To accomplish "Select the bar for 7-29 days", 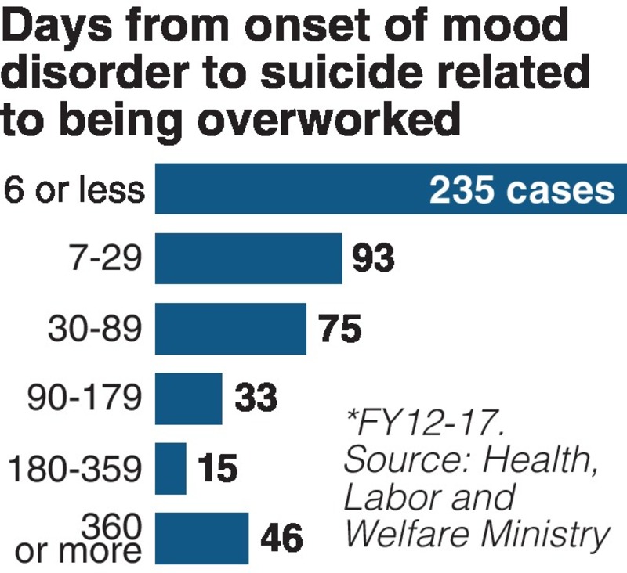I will (248, 258).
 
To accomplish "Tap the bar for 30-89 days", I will (230, 329).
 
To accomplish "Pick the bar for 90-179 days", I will (188, 398).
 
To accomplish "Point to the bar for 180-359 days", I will (171, 468).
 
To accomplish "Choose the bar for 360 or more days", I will (201, 538).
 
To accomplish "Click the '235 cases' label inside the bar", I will (521, 190).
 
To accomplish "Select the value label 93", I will (373, 259).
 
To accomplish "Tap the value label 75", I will (340, 330).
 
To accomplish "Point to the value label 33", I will (256, 398).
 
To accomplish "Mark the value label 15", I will (216, 469).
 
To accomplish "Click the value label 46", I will (280, 539).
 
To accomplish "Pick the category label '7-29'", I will (115, 259).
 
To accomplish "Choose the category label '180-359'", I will (76, 469).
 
